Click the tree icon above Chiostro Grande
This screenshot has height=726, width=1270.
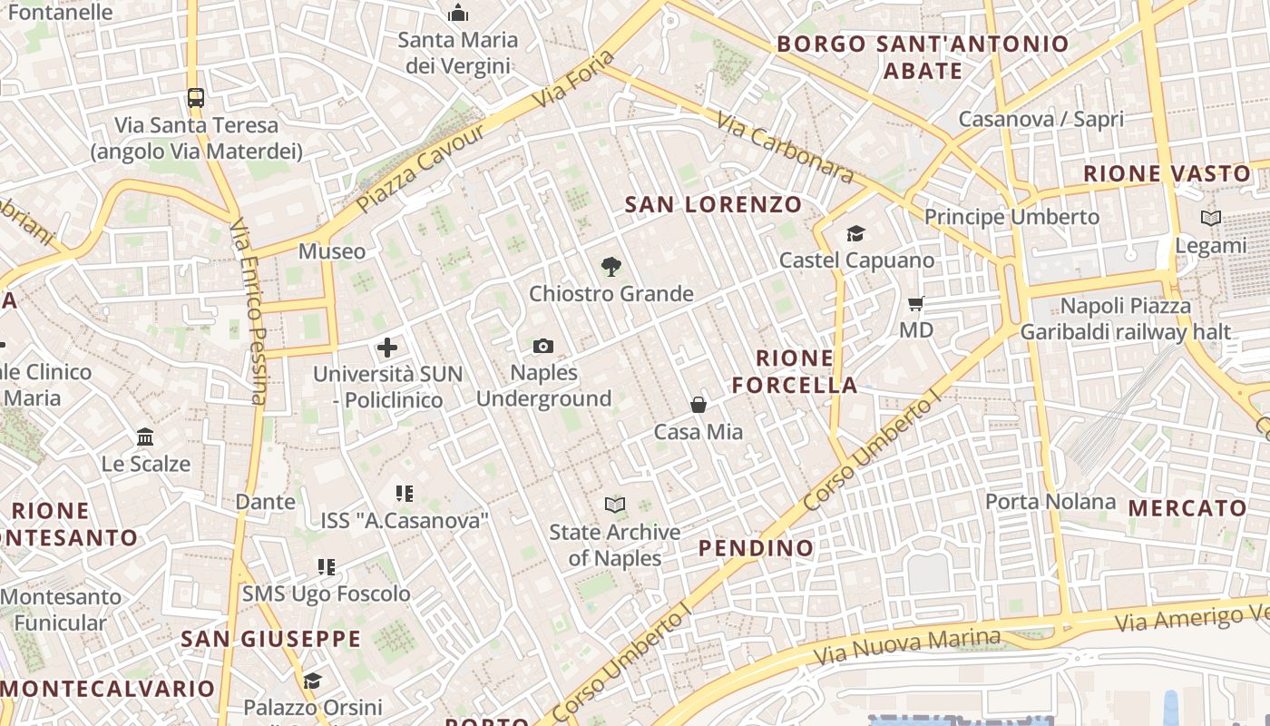point(611,267)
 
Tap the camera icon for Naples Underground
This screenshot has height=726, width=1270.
point(543,346)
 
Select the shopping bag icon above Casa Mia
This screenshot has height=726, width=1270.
point(698,405)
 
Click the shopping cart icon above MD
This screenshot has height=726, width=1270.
point(916,303)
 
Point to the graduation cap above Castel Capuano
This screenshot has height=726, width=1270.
point(855,234)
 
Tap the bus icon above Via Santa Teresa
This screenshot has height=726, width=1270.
point(195,97)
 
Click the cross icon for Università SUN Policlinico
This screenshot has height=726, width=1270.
point(387,348)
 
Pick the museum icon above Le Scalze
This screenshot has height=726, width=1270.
point(145,437)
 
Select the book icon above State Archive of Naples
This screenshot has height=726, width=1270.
point(615,505)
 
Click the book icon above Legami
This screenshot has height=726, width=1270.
point(1210,218)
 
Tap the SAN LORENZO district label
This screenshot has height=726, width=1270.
point(714,204)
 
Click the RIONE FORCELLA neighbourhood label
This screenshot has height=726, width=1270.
point(795,371)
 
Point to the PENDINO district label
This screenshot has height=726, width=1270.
point(756,548)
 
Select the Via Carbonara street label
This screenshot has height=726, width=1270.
point(785,147)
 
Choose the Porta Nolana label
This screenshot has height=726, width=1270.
point(1050,502)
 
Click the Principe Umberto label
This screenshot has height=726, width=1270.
point(1011,217)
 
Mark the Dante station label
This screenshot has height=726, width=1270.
point(265,502)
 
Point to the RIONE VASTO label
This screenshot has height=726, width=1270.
point(1167,173)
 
